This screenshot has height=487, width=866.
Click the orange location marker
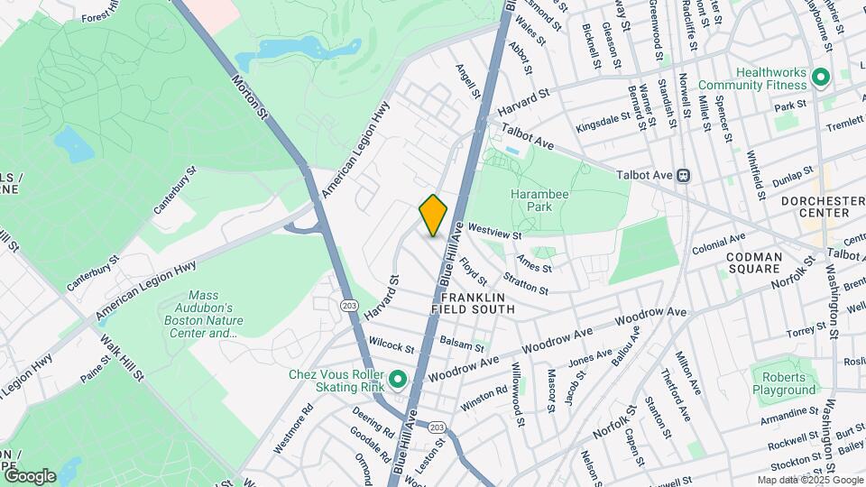click(x=433, y=216)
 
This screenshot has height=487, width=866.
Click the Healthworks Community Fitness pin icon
click(x=821, y=78)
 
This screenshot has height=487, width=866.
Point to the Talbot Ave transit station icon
click(x=684, y=175)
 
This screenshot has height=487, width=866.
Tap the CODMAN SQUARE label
click(x=753, y=262)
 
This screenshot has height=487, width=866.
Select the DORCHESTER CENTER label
click(x=815, y=206)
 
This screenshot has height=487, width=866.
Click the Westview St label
click(x=495, y=232)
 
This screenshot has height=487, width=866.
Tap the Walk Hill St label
click(x=124, y=356)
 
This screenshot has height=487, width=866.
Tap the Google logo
click(x=29, y=476)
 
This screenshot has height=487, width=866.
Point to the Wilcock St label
click(x=391, y=346)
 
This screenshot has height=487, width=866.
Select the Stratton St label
click(x=527, y=285)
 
